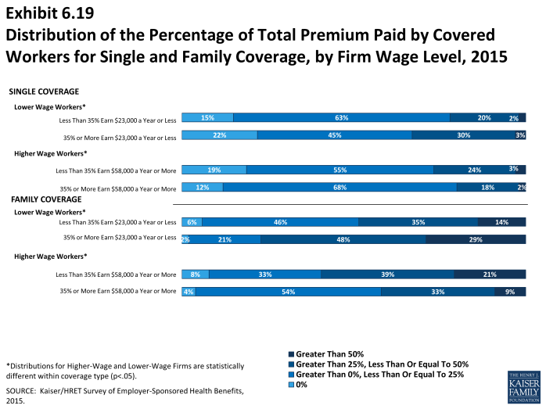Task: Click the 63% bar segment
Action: pos(341,118)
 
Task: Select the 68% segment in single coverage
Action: pos(339,187)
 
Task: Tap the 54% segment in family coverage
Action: pos(288,292)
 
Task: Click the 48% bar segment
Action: pos(343,239)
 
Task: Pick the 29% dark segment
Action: pos(476,239)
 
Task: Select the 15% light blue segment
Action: pos(207,118)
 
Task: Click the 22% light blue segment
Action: pos(220,135)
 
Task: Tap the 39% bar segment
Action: pos(387,274)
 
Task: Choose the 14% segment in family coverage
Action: pos(501,222)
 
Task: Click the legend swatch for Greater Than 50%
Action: pos(292,354)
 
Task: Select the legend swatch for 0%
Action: pos(292,385)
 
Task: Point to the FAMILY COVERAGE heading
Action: pos(46,199)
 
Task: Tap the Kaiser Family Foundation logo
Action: pos(523,385)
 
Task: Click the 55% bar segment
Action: pos(339,170)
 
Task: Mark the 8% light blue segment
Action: pos(195,274)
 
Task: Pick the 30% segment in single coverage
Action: pos(463,135)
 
